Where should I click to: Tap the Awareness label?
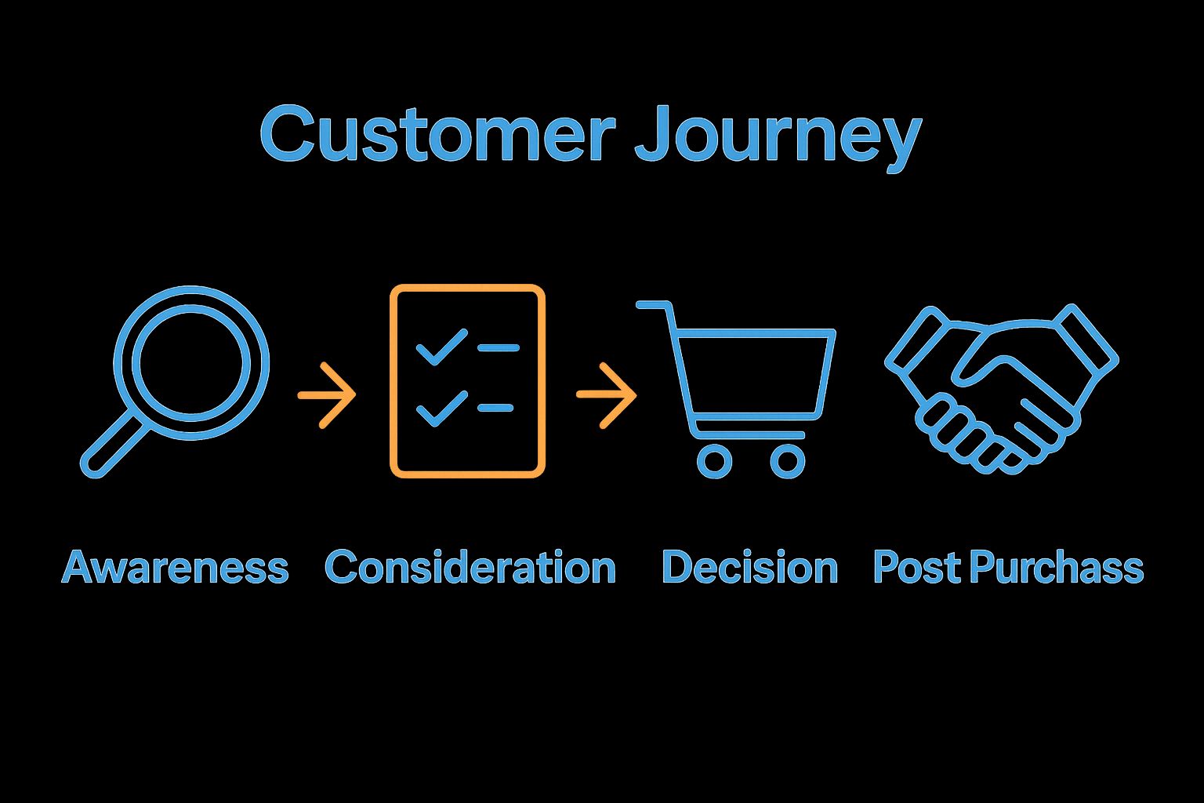point(175,567)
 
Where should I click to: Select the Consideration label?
point(470,567)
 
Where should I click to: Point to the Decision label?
point(749,567)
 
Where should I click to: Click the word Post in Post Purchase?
point(916,567)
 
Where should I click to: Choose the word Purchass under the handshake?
point(1056,567)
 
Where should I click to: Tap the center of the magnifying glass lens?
point(191,362)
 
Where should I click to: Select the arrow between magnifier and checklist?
point(327,395)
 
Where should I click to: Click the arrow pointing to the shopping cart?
point(606,395)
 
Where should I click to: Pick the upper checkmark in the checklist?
point(441,347)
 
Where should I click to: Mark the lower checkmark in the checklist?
point(441,409)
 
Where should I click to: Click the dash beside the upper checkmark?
point(498,347)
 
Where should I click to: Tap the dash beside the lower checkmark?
point(495,408)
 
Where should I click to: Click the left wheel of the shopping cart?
point(714,461)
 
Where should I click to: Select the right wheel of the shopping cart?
point(787,461)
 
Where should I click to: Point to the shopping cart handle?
point(654,305)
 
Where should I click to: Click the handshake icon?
point(1001,388)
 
